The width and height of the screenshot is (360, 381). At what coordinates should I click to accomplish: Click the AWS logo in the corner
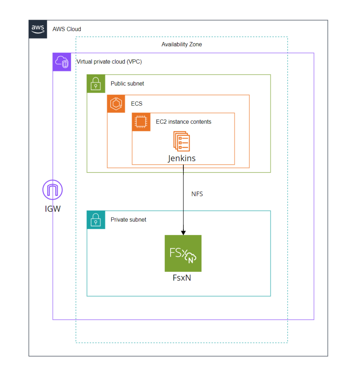[x=38, y=29]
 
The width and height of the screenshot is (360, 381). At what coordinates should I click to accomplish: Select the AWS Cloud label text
[x=67, y=29]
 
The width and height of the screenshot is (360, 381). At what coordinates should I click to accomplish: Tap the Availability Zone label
[x=181, y=44]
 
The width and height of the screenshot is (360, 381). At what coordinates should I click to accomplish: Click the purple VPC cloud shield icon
[x=62, y=62]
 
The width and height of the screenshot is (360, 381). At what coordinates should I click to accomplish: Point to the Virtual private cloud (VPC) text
[x=109, y=61]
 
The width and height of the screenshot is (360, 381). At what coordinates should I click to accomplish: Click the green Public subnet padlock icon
[x=96, y=84]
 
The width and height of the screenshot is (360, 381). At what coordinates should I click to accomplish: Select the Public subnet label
[x=127, y=84]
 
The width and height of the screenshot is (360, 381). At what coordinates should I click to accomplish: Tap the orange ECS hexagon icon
[x=116, y=103]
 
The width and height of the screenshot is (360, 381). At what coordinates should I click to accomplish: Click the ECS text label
[x=136, y=104]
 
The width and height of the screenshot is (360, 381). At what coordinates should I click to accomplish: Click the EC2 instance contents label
[x=183, y=122]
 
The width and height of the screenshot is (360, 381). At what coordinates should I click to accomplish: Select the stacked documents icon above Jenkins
[x=181, y=141]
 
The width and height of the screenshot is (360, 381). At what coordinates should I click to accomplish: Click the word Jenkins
[x=181, y=158]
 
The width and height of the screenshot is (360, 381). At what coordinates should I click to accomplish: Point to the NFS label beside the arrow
[x=197, y=194]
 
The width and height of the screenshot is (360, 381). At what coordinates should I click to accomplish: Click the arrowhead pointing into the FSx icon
[x=183, y=232]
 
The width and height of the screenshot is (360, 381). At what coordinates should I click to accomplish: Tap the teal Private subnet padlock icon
[x=96, y=220]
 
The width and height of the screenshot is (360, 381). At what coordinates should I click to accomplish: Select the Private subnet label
[x=128, y=220]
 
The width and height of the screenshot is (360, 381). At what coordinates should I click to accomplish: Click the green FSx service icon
[x=183, y=253]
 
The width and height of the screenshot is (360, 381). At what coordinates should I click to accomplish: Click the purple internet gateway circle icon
[x=52, y=190]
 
